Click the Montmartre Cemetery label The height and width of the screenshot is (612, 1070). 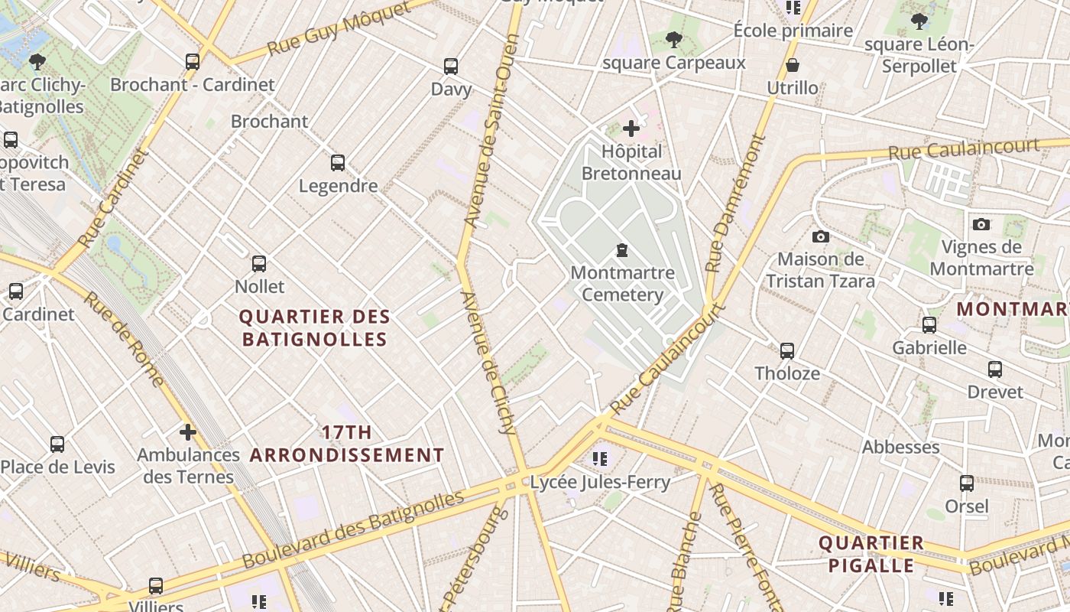point(622,284)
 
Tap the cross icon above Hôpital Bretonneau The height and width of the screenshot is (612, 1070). point(631,129)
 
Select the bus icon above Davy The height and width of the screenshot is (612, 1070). point(451,67)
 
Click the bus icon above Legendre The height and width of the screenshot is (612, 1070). point(338,163)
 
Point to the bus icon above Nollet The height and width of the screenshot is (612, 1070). point(259,264)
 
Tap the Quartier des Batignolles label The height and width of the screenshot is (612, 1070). point(315,327)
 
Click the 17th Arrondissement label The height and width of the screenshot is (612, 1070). point(347,444)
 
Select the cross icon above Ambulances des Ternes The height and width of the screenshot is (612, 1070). point(188,432)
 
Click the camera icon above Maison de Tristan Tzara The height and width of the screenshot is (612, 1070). point(821,236)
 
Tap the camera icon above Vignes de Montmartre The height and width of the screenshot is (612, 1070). point(981,224)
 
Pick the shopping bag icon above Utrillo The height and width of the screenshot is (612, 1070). point(793,65)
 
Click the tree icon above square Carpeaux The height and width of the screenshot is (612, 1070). point(673,39)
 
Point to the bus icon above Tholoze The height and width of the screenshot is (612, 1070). point(787,351)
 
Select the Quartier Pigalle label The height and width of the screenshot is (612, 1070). point(871,555)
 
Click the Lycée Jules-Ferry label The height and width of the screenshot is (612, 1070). point(600,482)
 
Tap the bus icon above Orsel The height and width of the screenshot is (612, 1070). point(967,483)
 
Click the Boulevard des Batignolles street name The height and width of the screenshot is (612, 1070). point(353,529)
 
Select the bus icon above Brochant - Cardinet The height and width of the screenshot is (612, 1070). point(193,62)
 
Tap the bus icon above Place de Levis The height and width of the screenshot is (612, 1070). point(57,444)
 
